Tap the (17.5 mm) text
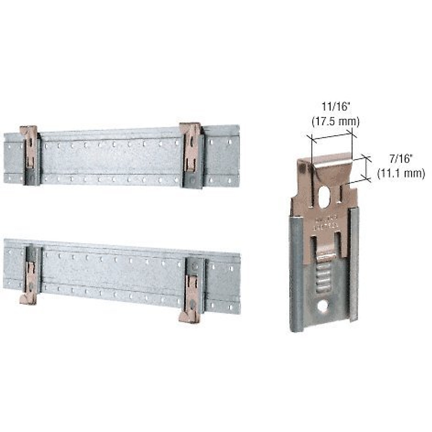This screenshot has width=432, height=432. tap(335, 122)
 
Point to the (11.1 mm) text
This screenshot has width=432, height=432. tap(401, 173)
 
